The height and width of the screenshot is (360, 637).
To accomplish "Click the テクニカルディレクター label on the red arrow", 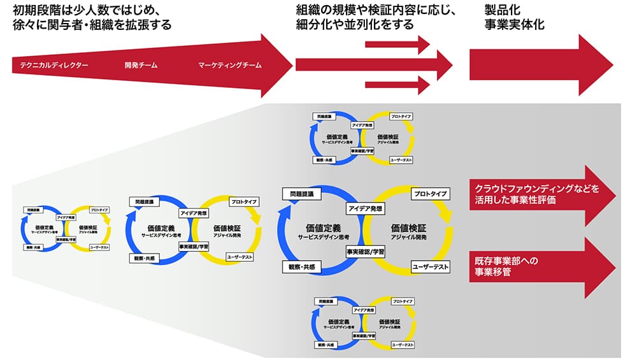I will [x=54, y=65].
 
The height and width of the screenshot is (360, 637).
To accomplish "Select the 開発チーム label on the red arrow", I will [x=141, y=65].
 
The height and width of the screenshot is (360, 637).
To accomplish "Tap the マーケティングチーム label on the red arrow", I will [x=229, y=65].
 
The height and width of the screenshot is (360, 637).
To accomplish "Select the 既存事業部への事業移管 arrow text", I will [x=508, y=267].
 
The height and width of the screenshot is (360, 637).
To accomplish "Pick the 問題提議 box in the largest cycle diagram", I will [x=304, y=194].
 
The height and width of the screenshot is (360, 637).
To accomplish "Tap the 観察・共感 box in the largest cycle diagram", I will [x=303, y=266].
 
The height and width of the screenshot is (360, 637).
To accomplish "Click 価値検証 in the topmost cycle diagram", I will [x=387, y=136].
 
